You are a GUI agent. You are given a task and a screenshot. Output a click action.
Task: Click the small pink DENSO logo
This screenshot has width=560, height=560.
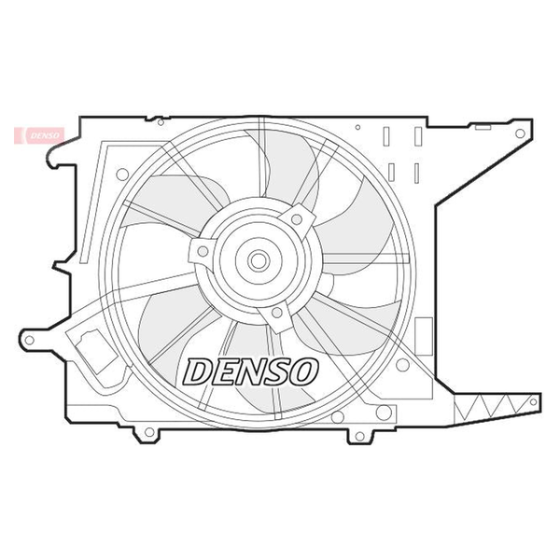pos(39,135)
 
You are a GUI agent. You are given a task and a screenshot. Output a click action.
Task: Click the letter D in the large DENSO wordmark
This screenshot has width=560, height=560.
pos(199,371)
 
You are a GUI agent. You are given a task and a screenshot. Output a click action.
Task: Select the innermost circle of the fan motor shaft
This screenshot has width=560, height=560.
pos(259,260)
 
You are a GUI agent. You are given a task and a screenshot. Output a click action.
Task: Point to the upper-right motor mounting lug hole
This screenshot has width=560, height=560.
pos(297,219)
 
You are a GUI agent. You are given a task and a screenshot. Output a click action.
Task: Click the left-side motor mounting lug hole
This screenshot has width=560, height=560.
pos(203,251)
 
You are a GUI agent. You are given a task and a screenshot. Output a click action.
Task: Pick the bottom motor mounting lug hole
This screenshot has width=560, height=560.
pos(277,313)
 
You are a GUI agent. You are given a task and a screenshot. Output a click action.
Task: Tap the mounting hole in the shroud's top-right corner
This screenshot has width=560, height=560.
pos(520,133)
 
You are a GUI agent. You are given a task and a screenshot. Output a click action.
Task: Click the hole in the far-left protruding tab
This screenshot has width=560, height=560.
pos(30,340)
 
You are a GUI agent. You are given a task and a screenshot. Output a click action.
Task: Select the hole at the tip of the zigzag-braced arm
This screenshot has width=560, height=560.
pos(533,401)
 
